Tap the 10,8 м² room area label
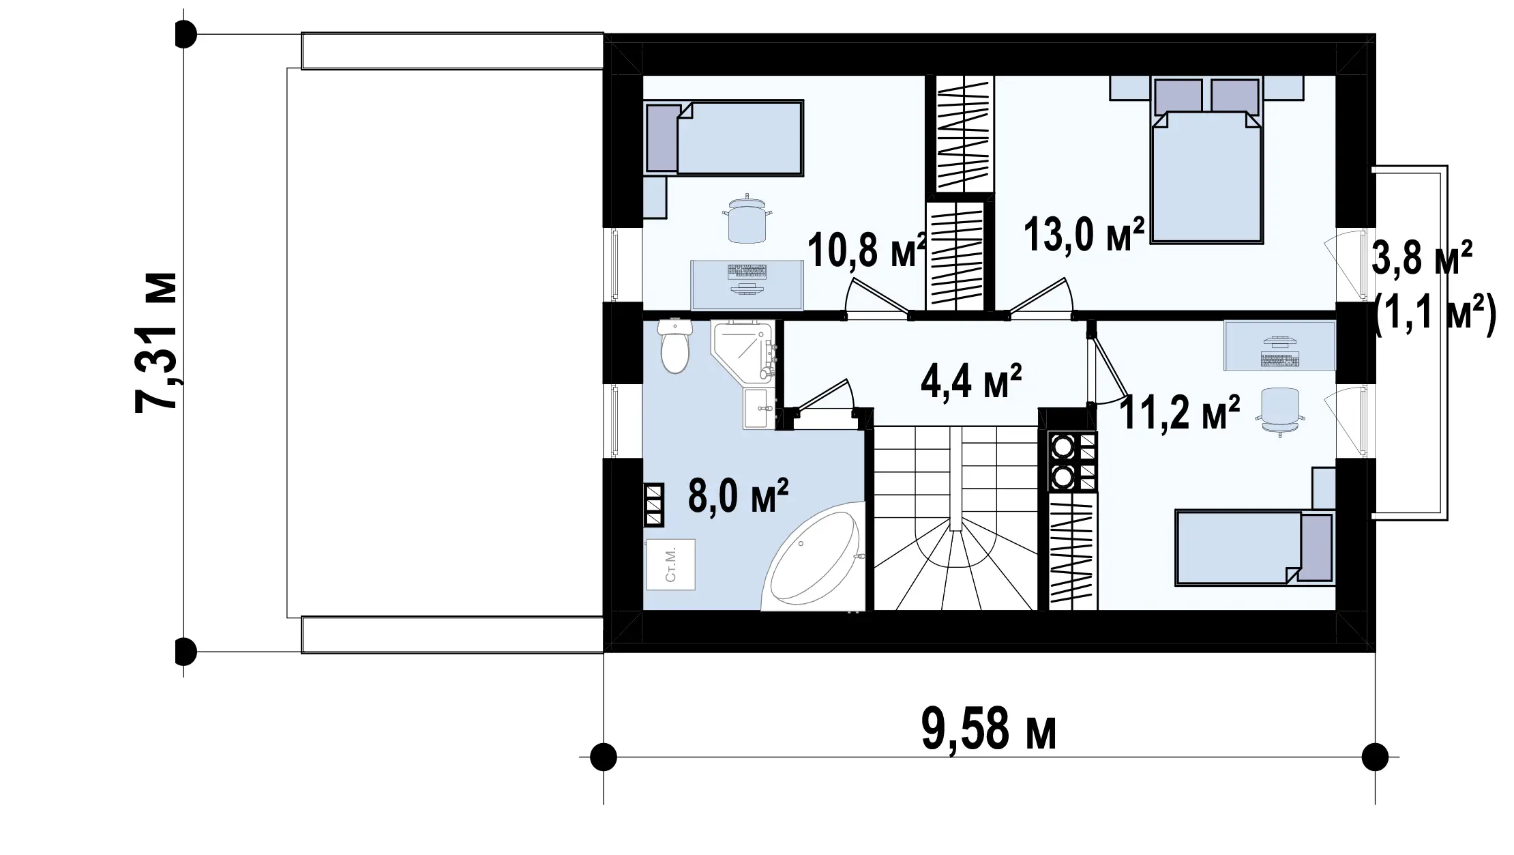click(867, 249)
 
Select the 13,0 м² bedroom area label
click(1084, 235)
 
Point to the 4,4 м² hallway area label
click(971, 381)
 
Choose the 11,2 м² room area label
click(1179, 412)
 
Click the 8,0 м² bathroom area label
click(739, 495)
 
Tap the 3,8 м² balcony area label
click(1422, 257)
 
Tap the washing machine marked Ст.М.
click(671, 564)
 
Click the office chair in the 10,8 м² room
click(747, 220)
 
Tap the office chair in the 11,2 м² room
click(1280, 411)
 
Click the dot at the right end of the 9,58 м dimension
click(1375, 757)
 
